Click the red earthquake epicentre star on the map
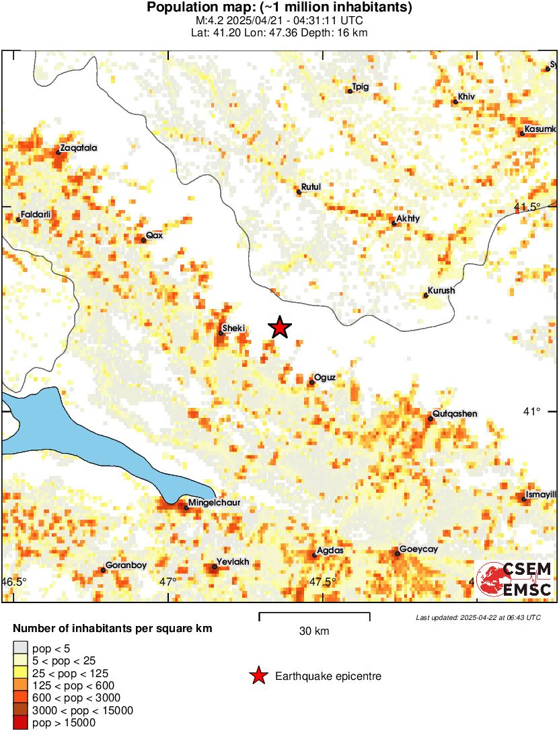(280, 328)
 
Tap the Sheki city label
(234, 328)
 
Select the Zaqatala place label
(75, 147)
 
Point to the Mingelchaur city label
(214, 502)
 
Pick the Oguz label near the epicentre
(325, 378)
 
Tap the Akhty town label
(408, 219)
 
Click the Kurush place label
(441, 291)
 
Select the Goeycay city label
(418, 549)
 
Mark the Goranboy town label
(126, 565)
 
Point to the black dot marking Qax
(143, 240)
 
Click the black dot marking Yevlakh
(215, 567)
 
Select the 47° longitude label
(167, 581)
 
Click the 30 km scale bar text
(314, 631)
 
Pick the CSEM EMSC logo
(515, 579)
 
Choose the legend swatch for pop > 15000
(20, 723)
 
